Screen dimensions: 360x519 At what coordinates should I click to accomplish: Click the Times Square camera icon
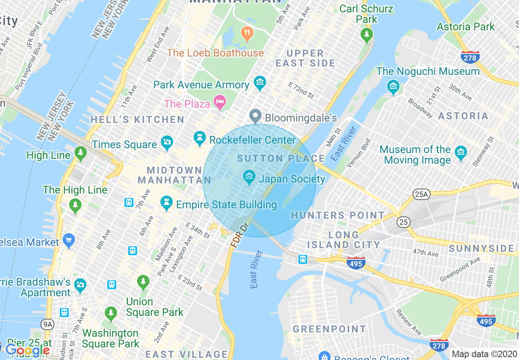167,142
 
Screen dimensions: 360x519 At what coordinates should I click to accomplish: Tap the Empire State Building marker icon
166,202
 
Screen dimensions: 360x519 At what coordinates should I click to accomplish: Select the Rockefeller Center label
252,140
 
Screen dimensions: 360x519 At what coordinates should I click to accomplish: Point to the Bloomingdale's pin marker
255,116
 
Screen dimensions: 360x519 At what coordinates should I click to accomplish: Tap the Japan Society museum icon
248,177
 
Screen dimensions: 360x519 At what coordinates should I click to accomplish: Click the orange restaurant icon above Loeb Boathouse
247,33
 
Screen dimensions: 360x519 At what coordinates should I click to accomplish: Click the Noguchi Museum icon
393,85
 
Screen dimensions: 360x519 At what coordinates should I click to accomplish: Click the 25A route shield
421,195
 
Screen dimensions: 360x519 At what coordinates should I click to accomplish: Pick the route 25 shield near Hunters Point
403,222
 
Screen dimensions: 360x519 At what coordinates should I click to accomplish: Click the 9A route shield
48,325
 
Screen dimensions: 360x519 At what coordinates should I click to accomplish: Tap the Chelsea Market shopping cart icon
68,240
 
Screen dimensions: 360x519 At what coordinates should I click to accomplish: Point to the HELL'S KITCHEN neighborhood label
137,120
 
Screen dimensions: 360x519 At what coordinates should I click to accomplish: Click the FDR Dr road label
240,235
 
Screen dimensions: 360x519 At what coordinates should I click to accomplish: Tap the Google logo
27,351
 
